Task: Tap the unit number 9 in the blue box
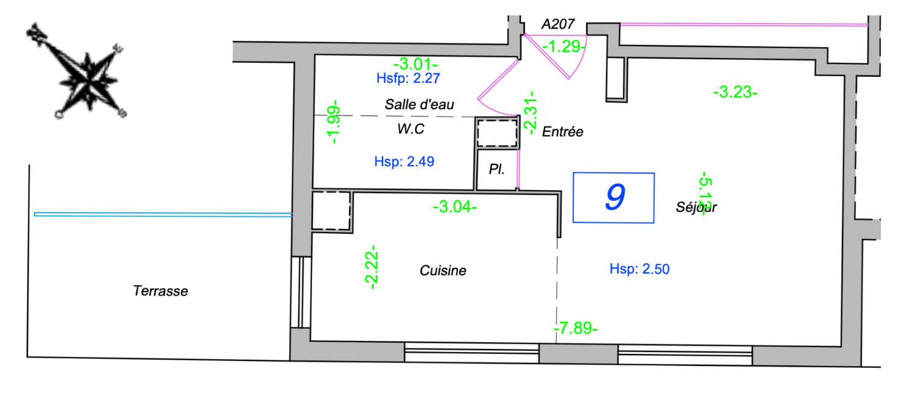(614, 197)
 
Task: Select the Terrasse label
(160, 291)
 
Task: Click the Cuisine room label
(443, 270)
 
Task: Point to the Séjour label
(696, 207)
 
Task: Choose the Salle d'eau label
(420, 104)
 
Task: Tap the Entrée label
(563, 132)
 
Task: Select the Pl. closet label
(496, 170)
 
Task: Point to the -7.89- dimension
(576, 329)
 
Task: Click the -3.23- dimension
(735, 93)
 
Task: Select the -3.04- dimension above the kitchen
(454, 207)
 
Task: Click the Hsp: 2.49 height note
(404, 162)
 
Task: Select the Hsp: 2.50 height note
(640, 269)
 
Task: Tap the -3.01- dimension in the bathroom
(415, 63)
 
